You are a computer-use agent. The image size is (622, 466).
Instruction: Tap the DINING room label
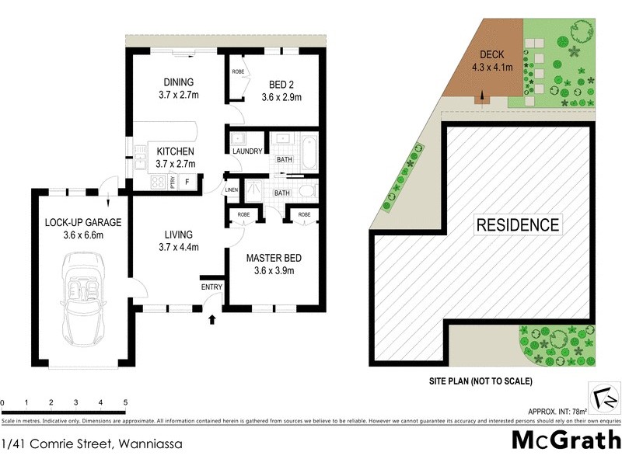click(x=178, y=83)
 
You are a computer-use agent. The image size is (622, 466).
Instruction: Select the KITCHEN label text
click(x=176, y=151)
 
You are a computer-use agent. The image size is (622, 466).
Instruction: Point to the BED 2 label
click(x=281, y=83)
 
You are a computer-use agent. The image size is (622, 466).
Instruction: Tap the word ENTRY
click(x=211, y=287)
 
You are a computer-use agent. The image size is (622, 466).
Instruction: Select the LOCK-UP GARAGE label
click(x=75, y=222)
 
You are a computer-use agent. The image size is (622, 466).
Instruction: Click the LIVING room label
click(x=178, y=235)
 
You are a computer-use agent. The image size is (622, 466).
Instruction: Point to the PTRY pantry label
click(x=173, y=183)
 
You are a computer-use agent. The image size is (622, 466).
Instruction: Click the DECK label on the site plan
click(x=491, y=54)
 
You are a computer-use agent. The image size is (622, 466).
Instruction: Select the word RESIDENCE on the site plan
click(x=517, y=225)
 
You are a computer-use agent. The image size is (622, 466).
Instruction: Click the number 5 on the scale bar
click(x=125, y=402)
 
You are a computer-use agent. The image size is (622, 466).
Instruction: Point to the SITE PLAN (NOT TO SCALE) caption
click(x=480, y=381)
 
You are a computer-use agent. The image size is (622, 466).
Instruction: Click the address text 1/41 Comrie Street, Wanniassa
click(x=90, y=444)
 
